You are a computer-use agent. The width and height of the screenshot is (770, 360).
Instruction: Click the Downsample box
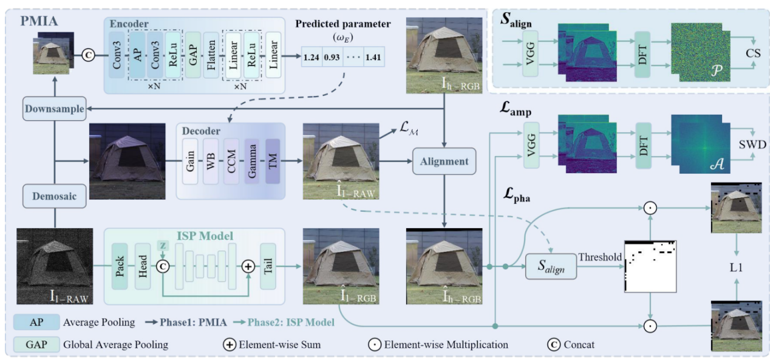coord(54,109)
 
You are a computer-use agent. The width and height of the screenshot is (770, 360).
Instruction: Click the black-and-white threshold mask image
coord(650,268)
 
